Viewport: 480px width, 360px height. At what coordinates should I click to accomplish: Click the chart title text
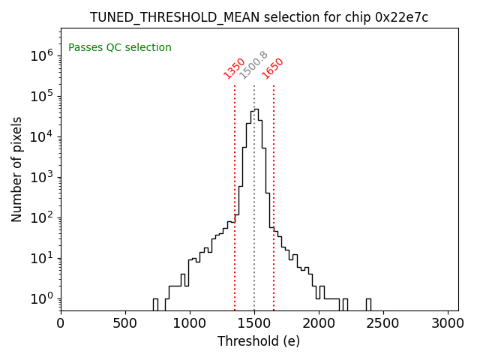click(259, 17)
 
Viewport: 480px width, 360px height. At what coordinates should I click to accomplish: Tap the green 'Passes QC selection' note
click(120, 47)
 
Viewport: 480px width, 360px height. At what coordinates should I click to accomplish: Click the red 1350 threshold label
click(235, 67)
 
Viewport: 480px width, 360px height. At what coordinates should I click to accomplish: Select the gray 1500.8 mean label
click(253, 65)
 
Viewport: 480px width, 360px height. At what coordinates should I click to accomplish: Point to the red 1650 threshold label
click(273, 67)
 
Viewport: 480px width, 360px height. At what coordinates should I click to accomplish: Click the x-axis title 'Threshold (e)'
click(259, 341)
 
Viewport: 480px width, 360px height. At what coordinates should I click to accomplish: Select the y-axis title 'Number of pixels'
click(16, 169)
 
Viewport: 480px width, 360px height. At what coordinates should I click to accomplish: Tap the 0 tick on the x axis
click(61, 323)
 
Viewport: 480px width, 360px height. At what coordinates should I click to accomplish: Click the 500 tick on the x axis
click(125, 323)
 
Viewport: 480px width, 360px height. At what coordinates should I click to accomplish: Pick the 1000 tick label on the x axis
click(190, 323)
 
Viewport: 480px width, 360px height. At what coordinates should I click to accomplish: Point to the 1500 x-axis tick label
click(254, 323)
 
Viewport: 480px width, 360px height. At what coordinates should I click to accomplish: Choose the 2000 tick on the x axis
click(319, 323)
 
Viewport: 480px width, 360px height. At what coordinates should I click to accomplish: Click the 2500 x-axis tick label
click(383, 323)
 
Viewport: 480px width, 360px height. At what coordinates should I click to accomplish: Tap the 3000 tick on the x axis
click(448, 323)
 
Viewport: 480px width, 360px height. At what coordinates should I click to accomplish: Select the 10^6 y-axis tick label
click(42, 55)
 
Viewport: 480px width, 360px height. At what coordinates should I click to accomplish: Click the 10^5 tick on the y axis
click(42, 96)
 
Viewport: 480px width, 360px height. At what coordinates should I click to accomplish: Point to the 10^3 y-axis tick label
click(42, 177)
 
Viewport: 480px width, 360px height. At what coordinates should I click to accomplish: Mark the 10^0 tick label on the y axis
click(42, 298)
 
